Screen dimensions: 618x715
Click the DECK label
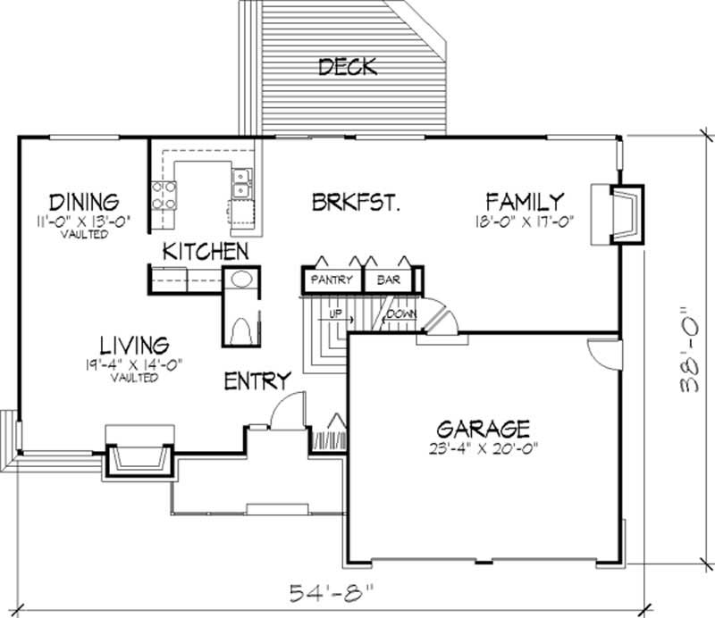348,66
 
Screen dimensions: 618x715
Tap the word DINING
85,200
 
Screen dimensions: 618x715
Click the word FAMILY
525,200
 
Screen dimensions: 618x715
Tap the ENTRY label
257,380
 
